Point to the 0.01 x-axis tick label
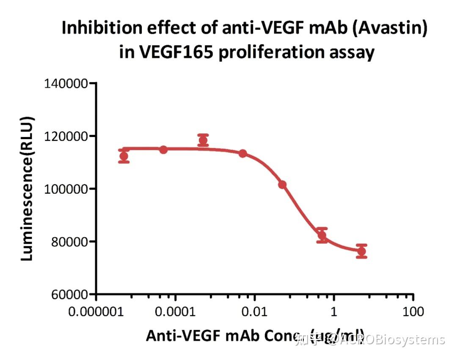coord(255,312)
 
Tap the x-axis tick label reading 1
coord(334,312)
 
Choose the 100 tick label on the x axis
coord(413,312)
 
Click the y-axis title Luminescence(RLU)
coord(28,189)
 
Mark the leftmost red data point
coord(124,157)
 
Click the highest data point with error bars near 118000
coord(203,140)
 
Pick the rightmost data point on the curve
coord(361,251)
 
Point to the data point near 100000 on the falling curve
coord(282,184)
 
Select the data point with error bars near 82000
coord(322,236)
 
